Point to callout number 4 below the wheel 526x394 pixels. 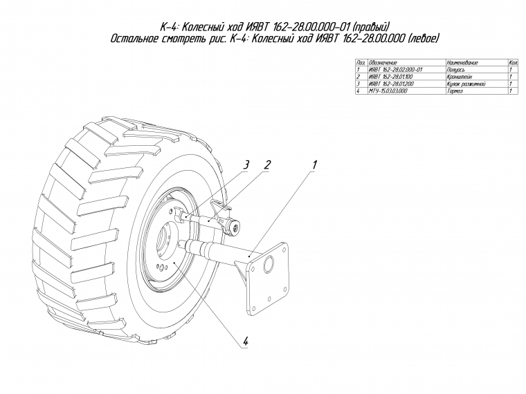(245, 341)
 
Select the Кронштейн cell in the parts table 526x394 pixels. (460, 77)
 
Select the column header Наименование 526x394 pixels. (464, 63)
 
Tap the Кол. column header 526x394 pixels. (513, 63)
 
